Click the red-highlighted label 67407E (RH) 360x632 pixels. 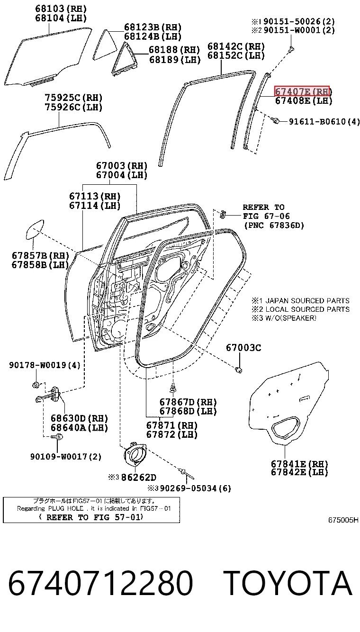(302, 91)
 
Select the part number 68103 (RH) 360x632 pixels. (61, 9)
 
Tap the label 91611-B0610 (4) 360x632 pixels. (324, 122)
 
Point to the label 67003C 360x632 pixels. (243, 348)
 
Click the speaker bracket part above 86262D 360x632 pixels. (135, 454)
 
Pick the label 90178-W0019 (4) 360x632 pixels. (45, 365)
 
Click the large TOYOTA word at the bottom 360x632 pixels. (288, 583)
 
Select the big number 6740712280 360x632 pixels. (101, 583)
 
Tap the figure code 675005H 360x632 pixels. (343, 520)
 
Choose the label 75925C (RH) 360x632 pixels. (73, 98)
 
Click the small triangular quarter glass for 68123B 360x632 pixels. (105, 45)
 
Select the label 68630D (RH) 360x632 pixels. (79, 418)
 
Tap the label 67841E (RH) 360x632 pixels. (299, 464)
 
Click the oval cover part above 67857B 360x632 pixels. (35, 229)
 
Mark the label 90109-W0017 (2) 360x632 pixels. (66, 457)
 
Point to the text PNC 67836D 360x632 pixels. (274, 226)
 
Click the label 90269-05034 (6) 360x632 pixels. (195, 488)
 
